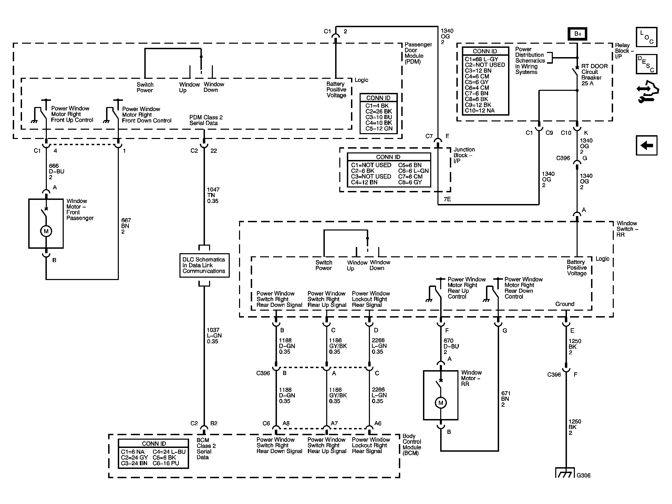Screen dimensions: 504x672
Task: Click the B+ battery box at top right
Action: [577, 34]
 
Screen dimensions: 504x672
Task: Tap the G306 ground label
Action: [583, 475]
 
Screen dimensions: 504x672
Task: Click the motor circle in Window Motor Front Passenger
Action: [46, 231]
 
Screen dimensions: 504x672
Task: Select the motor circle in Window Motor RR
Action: [441, 403]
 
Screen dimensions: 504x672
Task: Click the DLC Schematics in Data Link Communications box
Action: [204, 265]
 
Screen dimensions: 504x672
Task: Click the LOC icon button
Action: [647, 37]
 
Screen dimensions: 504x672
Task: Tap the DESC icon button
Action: [647, 64]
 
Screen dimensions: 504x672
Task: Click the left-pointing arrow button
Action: [647, 145]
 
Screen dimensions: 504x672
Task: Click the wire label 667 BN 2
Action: [126, 226]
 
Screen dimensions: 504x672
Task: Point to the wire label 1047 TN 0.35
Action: [213, 195]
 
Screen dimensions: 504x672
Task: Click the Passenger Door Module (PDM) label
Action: [418, 53]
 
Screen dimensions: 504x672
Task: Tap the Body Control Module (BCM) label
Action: [412, 444]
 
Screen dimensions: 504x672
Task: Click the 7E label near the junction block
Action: [447, 199]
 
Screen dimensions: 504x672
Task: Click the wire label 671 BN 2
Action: [506, 399]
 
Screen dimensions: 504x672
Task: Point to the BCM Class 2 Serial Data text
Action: [206, 449]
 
